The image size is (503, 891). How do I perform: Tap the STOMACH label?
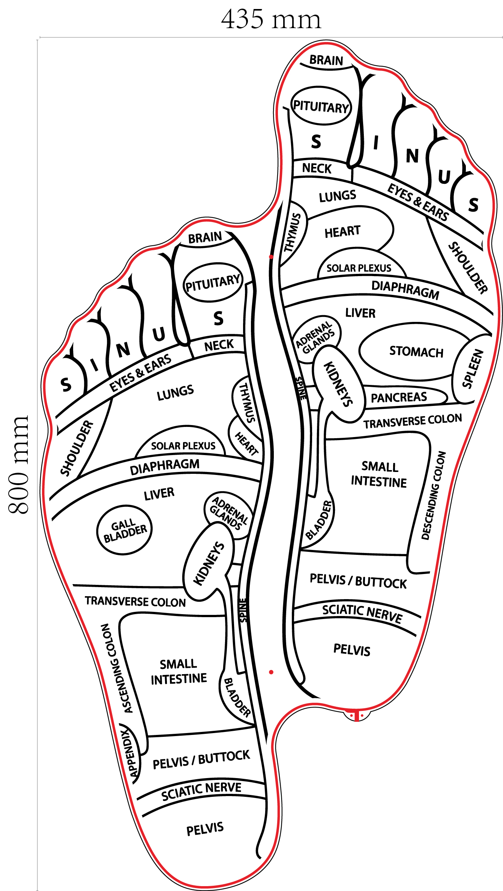pyautogui.click(x=416, y=352)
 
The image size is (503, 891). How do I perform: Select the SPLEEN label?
pyautogui.click(x=472, y=368)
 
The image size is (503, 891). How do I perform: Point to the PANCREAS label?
pyautogui.click(x=399, y=397)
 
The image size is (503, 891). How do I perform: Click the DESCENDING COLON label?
pyautogui.click(x=434, y=495)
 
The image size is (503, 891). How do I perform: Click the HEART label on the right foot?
pyautogui.click(x=342, y=231)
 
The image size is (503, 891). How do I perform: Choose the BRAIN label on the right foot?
pyautogui.click(x=326, y=60)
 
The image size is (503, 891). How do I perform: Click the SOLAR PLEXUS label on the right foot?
pyautogui.click(x=359, y=268)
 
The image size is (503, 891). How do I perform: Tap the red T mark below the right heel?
pyautogui.click(x=356, y=715)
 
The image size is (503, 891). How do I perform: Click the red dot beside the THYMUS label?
pyautogui.click(x=271, y=257)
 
